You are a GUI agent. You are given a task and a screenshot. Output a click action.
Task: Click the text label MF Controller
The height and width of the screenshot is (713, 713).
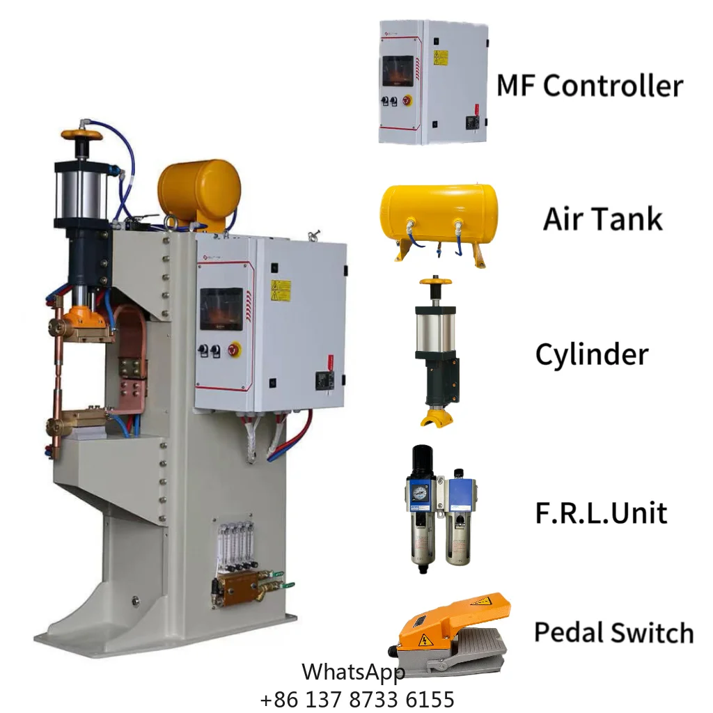coord(589,85)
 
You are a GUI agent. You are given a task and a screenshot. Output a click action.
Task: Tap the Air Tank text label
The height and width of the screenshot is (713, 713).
coord(602,219)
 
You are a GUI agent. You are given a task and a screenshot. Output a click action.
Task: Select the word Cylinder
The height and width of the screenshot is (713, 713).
coord(592,355)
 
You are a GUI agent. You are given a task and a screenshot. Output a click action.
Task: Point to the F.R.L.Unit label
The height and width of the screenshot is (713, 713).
coord(601,512)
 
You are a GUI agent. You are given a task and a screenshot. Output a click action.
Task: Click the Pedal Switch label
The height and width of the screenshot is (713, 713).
coord(614,632)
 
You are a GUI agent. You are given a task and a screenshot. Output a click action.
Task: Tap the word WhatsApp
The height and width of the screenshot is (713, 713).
coord(353,672)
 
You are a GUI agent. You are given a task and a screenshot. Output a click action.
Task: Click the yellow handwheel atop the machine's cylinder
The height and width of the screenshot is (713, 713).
coord(81,135)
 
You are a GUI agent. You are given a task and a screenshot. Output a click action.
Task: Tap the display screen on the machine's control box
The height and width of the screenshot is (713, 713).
coord(222,308)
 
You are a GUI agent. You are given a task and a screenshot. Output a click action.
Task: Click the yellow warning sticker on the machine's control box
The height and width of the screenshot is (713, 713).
coord(281,290)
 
